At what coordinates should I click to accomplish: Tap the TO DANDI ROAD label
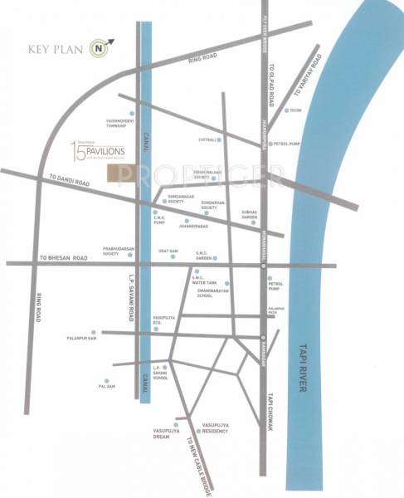tap(69, 178)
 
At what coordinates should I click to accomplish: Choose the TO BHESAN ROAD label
tap(64, 258)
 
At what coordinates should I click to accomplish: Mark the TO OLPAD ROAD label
tap(270, 85)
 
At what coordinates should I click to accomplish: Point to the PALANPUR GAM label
tap(82, 338)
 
